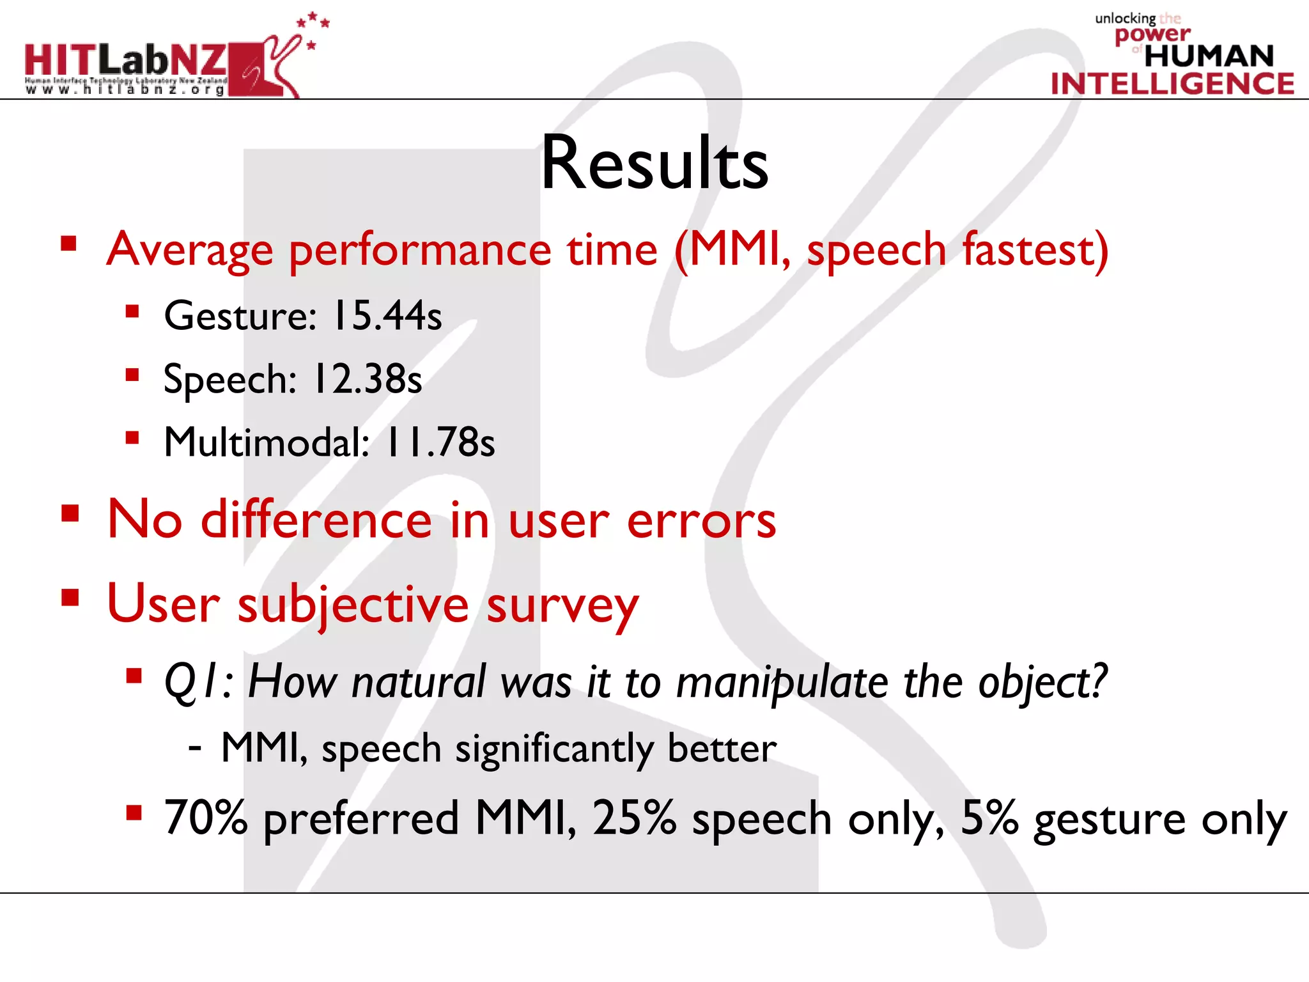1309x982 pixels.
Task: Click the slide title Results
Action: [x=654, y=164]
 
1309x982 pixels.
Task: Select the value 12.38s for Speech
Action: [x=368, y=379]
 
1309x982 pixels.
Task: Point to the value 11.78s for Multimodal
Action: [x=440, y=442]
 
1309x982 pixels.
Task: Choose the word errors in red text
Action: [x=701, y=520]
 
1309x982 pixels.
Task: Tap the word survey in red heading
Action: [x=562, y=605]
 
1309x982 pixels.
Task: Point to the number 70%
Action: [x=206, y=818]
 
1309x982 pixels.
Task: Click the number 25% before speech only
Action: [x=634, y=818]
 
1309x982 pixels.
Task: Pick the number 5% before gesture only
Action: [x=989, y=818]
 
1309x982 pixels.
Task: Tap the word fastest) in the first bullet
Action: [x=1035, y=249]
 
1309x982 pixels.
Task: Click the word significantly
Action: [x=554, y=749]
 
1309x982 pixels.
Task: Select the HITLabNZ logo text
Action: [x=125, y=60]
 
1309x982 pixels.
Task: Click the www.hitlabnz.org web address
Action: [x=125, y=90]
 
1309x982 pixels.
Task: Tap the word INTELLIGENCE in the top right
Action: [x=1172, y=84]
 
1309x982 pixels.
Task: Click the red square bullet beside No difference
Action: [x=70, y=513]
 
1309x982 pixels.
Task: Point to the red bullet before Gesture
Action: [x=132, y=311]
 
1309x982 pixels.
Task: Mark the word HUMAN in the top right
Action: [x=1209, y=56]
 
